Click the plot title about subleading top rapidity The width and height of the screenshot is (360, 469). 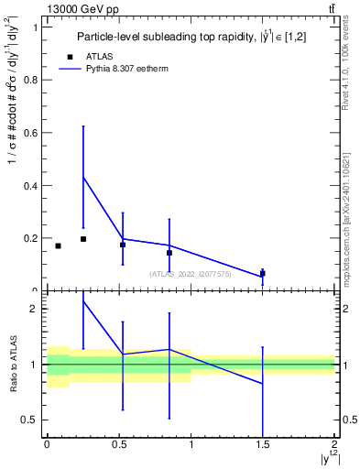[x=187, y=37]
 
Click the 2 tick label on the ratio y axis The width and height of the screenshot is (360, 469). [x=34, y=309]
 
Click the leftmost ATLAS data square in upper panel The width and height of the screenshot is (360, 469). [x=58, y=245]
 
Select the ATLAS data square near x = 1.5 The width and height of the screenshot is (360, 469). [x=263, y=273]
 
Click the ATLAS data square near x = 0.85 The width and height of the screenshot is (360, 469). [x=169, y=253]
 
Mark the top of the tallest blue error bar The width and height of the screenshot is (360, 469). [x=83, y=126]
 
